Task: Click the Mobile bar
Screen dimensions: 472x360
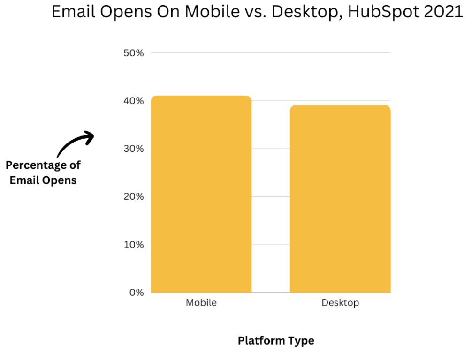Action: point(201,194)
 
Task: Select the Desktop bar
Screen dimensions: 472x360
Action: point(340,199)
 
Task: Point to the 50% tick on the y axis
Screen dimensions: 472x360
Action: point(134,53)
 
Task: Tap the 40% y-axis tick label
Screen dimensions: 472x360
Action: point(134,101)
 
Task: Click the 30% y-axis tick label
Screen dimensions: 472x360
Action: point(134,149)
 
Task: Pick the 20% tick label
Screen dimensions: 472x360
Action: point(134,196)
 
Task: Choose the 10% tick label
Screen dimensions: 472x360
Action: point(134,245)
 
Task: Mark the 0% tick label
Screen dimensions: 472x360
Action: point(137,292)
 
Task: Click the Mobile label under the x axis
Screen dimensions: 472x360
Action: point(201,302)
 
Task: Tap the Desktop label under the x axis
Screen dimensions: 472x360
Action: point(340,303)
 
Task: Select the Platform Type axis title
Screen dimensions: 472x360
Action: point(276,341)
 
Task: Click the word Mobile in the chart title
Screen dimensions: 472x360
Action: point(212,12)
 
